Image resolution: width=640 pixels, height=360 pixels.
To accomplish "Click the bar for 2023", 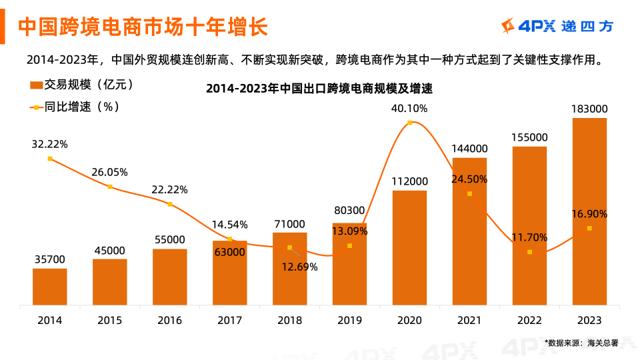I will (x=589, y=211).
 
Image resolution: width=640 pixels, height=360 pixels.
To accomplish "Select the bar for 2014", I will (x=50, y=287).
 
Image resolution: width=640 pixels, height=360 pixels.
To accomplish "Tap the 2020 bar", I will (x=409, y=247).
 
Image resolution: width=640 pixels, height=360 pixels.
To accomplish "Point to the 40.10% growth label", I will (x=409, y=109).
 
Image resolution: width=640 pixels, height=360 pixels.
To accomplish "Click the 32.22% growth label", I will (x=49, y=144).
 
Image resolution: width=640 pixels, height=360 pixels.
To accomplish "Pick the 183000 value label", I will (x=589, y=109).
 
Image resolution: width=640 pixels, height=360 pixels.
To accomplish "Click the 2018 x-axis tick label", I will (x=289, y=321).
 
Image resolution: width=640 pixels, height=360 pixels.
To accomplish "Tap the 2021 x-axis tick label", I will (x=469, y=321).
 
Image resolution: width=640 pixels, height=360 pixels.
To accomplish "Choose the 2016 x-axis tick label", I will (x=169, y=321).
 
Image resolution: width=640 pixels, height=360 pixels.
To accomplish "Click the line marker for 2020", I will (x=409, y=123).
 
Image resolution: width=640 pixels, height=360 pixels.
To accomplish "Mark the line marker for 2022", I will (x=529, y=252).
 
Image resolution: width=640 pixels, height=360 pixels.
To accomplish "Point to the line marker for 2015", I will (x=110, y=187).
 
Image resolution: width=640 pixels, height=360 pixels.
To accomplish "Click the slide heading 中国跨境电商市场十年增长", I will (x=143, y=27).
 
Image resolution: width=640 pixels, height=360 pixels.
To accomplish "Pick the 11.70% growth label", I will (x=529, y=237).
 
